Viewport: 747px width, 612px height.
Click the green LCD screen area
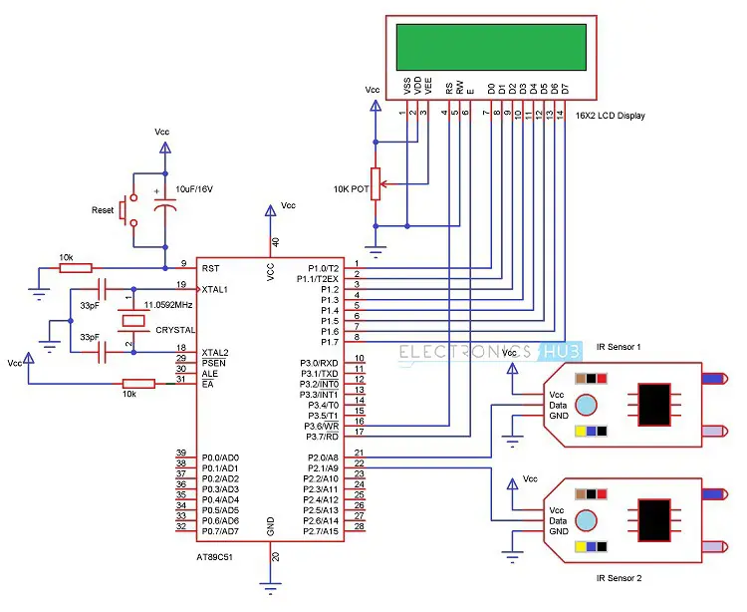coord(483,44)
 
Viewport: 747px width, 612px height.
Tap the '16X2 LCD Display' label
coord(610,116)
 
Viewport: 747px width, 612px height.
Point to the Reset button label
coord(103,210)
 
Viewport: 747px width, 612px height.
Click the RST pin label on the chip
coord(211,268)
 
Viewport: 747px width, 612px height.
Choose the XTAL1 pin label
coord(215,289)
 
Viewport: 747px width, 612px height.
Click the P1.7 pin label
coord(330,342)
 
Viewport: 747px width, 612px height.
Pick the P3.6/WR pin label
coord(321,426)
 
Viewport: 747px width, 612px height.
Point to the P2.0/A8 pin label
coord(321,458)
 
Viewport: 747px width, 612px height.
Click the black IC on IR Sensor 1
coord(654,404)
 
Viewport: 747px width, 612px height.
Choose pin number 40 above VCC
coord(276,242)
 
